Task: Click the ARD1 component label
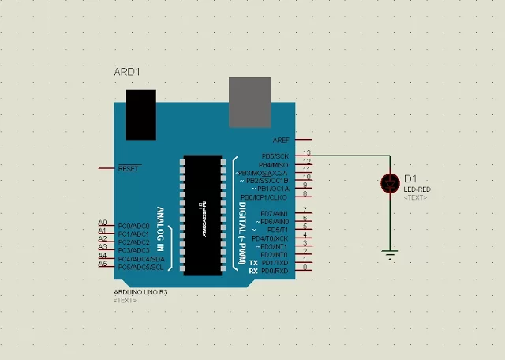(127, 72)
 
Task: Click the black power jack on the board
(141, 114)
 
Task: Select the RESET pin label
(129, 168)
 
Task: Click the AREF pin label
(281, 140)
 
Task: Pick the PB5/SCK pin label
(276, 156)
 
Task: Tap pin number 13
(307, 152)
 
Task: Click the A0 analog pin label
(103, 223)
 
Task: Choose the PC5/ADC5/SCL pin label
(141, 267)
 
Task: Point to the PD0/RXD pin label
(275, 271)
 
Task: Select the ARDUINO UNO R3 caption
(140, 291)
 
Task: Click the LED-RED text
(417, 190)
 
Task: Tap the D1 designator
(410, 179)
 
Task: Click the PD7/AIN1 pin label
(275, 213)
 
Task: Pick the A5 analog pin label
(103, 264)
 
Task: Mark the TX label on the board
(253, 262)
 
